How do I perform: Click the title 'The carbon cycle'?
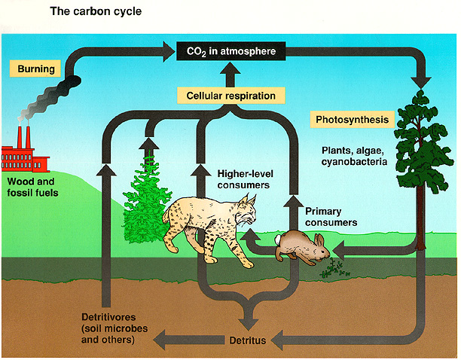96,11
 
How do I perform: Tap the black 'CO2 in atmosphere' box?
231,51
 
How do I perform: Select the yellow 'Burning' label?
35,69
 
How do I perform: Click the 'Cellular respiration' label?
231,96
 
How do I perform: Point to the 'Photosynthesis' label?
353,120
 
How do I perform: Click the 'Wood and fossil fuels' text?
32,188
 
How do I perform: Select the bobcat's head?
246,211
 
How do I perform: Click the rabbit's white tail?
278,239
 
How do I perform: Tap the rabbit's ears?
319,239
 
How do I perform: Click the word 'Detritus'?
248,340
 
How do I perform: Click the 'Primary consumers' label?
331,217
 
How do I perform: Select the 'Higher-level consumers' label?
246,179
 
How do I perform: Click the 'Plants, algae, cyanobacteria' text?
354,156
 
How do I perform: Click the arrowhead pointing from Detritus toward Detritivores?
160,340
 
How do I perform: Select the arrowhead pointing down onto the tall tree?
421,82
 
